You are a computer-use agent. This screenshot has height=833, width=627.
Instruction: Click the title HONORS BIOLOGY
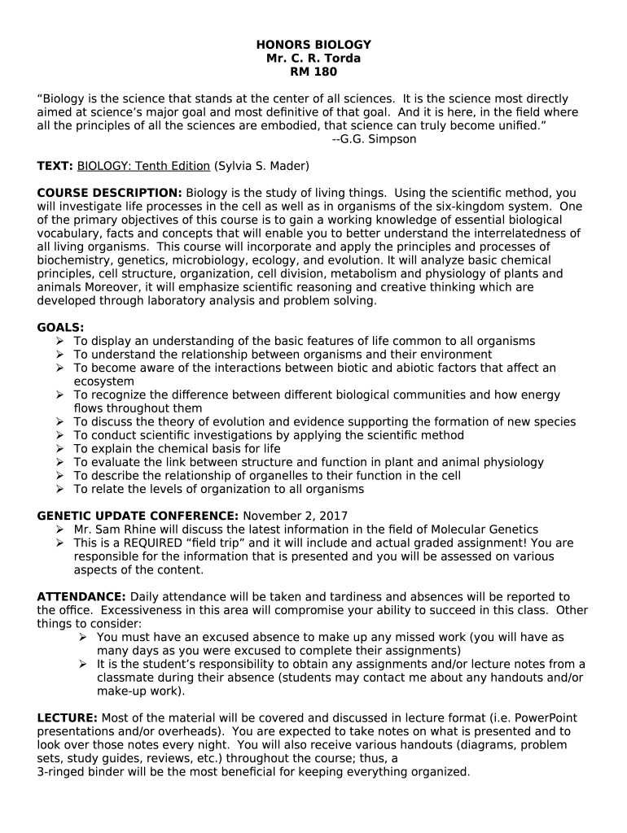coord(313,44)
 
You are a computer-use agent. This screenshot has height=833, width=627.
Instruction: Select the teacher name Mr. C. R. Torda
coord(313,58)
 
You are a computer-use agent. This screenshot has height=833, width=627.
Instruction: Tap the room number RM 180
coord(313,72)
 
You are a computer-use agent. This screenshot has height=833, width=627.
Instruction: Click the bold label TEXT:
coord(55,166)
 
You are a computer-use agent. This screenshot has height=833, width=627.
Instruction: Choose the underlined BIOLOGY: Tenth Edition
coord(143,166)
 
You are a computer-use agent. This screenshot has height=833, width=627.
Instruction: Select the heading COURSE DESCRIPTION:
coord(110,193)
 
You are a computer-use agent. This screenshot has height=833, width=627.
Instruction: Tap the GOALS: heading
coord(61,327)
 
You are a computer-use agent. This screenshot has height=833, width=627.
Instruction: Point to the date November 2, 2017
coord(296,516)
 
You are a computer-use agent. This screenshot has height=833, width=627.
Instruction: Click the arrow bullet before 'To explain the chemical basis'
coord(60,449)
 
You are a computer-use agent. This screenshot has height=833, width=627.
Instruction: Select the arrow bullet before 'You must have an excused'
coord(83,638)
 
